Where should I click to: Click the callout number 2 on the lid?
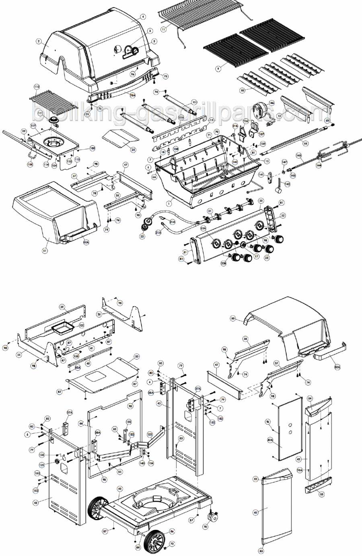pyautogui.click(x=39, y=41)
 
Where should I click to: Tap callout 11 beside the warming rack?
pyautogui.click(x=163, y=29)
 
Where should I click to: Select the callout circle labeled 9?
pyautogui.click(x=218, y=69)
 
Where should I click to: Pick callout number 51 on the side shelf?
pyautogui.click(x=45, y=251)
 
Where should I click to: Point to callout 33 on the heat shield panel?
pyautogui.click(x=137, y=356)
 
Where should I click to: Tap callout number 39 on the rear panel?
pyautogui.click(x=62, y=307)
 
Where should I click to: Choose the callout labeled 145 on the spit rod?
pyautogui.click(x=298, y=155)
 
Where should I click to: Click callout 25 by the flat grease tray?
pyautogui.click(x=133, y=149)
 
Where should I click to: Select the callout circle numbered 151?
pyautogui.click(x=149, y=435)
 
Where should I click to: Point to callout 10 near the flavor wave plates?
pyautogui.click(x=242, y=91)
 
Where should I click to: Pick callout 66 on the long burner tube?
pyautogui.click(x=305, y=143)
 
